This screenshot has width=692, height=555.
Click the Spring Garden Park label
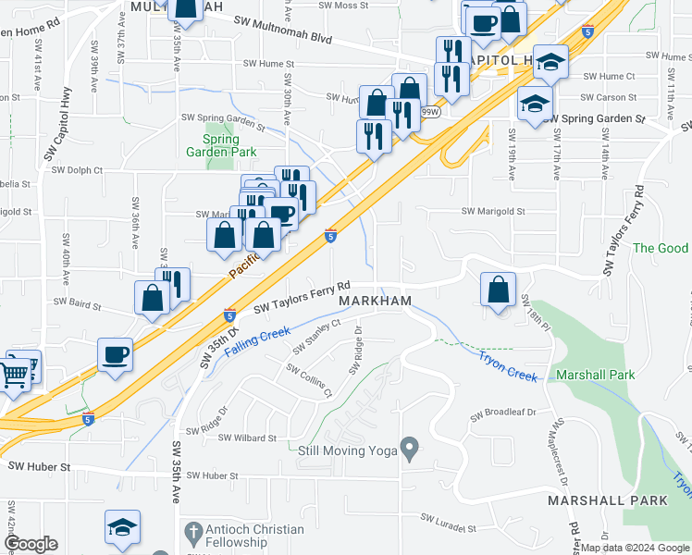(x=221, y=144)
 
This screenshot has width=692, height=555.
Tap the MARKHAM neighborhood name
(x=375, y=302)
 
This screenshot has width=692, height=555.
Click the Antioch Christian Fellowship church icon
(x=192, y=532)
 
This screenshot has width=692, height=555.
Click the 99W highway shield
(x=429, y=112)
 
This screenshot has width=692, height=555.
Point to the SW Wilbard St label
(x=247, y=438)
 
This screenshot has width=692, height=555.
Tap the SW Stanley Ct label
(x=317, y=336)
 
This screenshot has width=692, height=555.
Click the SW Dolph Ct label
(x=77, y=170)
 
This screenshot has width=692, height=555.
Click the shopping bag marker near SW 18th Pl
(x=499, y=290)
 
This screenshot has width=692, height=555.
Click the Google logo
(x=31, y=544)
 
